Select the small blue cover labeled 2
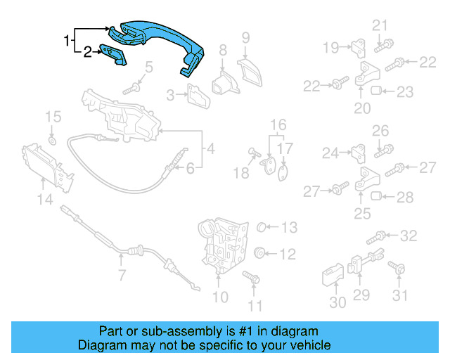pos(112,55)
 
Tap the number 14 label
pos(44,200)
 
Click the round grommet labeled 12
pos(258,252)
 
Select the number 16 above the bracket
pos(279,125)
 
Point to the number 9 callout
pos(245,36)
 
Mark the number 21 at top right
pos(380,27)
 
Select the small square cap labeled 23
pos(376,91)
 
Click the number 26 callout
pos(380,130)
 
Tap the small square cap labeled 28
pos(376,195)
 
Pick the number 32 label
pos(408,235)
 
